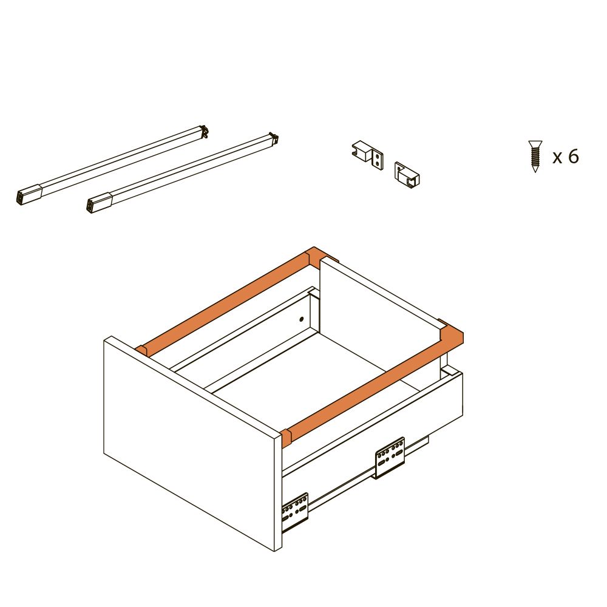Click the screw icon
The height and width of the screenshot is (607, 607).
pyautogui.click(x=535, y=156)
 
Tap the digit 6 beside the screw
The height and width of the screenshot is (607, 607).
pyautogui.click(x=574, y=157)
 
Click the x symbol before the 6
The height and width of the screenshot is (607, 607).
pyautogui.click(x=557, y=158)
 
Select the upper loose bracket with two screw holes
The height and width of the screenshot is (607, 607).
pyautogui.click(x=368, y=154)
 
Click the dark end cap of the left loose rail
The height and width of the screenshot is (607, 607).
pyautogui.click(x=29, y=195)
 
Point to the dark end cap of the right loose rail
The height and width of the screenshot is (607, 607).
pyautogui.click(x=99, y=204)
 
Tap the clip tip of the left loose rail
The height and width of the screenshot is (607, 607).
pyautogui.click(x=204, y=131)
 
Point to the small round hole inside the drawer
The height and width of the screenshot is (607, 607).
pyautogui.click(x=302, y=319)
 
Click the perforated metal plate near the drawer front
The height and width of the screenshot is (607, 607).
pyautogui.click(x=295, y=512)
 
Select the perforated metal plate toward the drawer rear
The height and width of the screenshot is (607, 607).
pyautogui.click(x=390, y=458)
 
